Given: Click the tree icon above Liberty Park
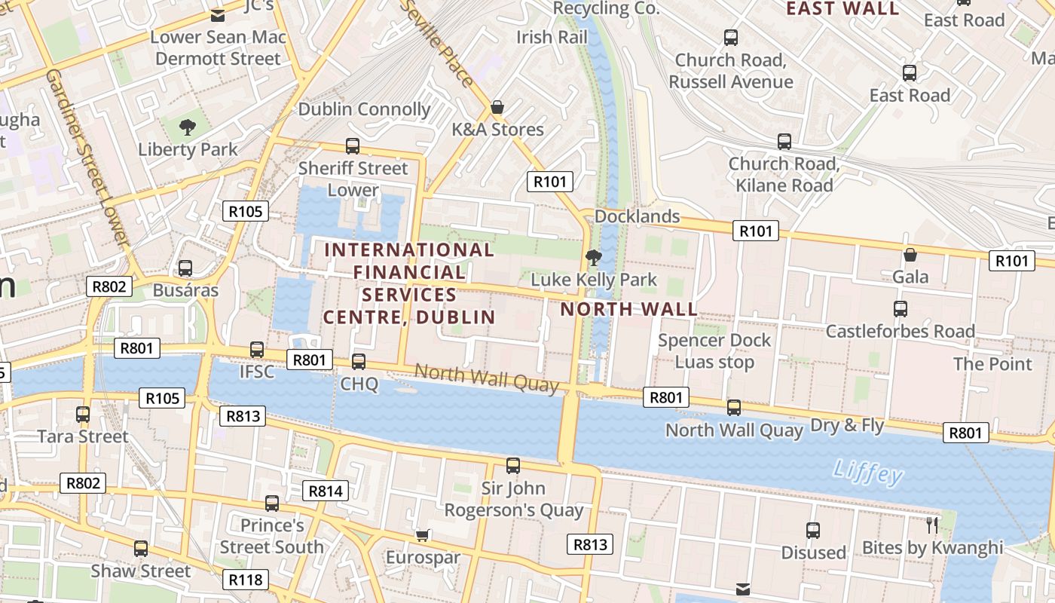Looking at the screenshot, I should pos(187,127).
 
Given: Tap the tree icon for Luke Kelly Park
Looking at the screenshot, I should pos(594,258).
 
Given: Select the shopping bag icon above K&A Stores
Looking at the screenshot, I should pos(497,108).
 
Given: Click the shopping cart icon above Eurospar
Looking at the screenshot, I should pos(423,535).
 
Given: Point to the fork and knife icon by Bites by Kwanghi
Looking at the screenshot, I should pos(933,525).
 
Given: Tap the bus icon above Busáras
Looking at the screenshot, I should pos(185,268).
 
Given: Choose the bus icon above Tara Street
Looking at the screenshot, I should pos(83,414).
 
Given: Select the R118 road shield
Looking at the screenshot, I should pos(245,580).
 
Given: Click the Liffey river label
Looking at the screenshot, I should pos(868,473).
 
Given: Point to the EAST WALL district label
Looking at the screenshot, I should pos(842,9).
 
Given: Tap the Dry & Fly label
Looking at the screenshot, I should pos(847,425).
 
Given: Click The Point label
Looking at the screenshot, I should pos(992,364).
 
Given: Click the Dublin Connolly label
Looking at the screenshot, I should pos(365,109).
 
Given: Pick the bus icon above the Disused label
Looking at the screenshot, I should pos(813,531).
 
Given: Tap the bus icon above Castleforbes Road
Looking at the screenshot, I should pos(901,308).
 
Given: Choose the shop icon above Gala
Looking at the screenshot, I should pos(910,255).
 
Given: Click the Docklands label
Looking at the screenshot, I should pos(637,216).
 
